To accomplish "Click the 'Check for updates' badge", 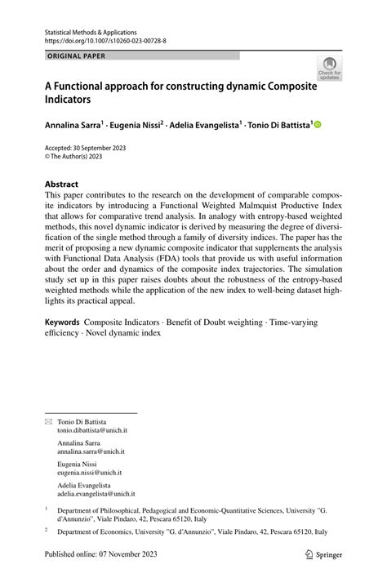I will pyautogui.click(x=330, y=68).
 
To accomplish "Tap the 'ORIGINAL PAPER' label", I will pyautogui.click(x=77, y=56).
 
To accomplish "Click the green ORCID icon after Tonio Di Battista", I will pyautogui.click(x=318, y=125).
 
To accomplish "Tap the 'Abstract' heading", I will pyautogui.click(x=61, y=185).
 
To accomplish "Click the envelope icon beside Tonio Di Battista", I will pyautogui.click(x=48, y=421).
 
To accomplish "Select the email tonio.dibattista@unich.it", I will pyautogui.click(x=91, y=429).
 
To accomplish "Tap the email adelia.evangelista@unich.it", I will pyautogui.click(x=96, y=493).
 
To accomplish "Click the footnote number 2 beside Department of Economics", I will pyautogui.click(x=47, y=529).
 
